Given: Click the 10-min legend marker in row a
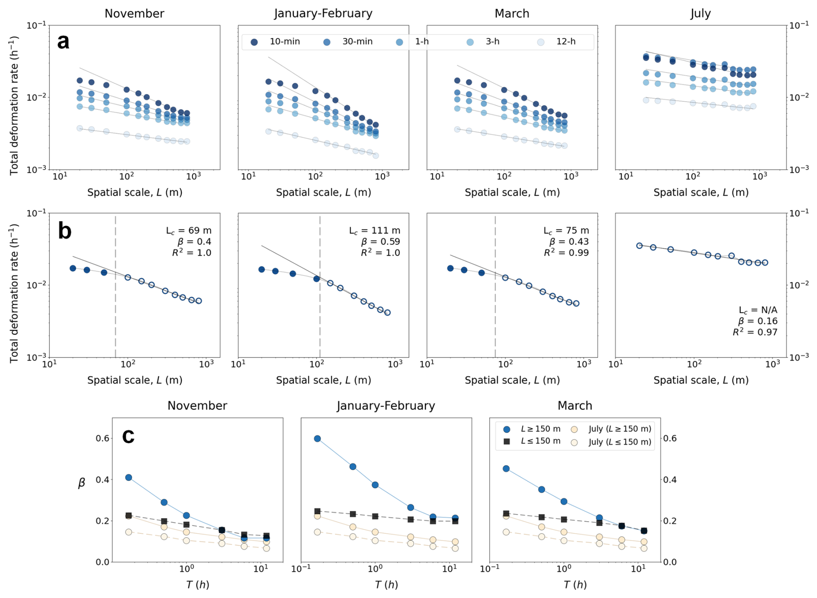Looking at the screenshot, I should (254, 42).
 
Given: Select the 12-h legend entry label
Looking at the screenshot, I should (566, 42).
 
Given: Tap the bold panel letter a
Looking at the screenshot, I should (63, 42).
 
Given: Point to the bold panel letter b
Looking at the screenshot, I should (64, 231).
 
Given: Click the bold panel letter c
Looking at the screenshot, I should (128, 436).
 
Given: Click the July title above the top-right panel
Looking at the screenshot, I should (700, 13).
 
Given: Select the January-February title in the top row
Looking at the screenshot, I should (323, 13).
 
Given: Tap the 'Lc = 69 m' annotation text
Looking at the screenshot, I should (189, 231).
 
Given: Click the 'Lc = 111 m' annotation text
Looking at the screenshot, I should (374, 231).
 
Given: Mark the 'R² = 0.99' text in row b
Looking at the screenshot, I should (566, 253).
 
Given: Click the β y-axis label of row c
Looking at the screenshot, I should (81, 483).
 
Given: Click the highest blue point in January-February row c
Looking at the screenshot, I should (317, 439).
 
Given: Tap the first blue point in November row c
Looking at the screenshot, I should (129, 478).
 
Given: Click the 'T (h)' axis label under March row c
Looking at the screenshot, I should (575, 585).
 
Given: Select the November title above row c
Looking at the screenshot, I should (197, 406).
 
